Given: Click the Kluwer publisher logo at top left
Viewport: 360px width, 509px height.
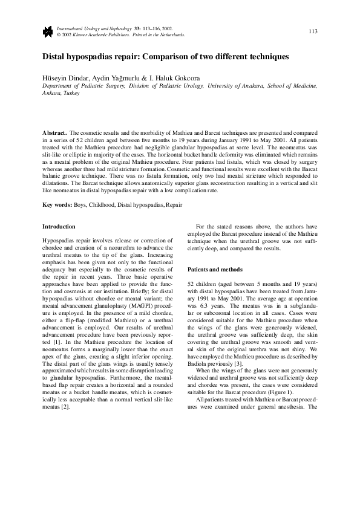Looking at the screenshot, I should (x=47, y=32).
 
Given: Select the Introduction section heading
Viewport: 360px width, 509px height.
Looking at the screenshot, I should (x=59, y=227).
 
